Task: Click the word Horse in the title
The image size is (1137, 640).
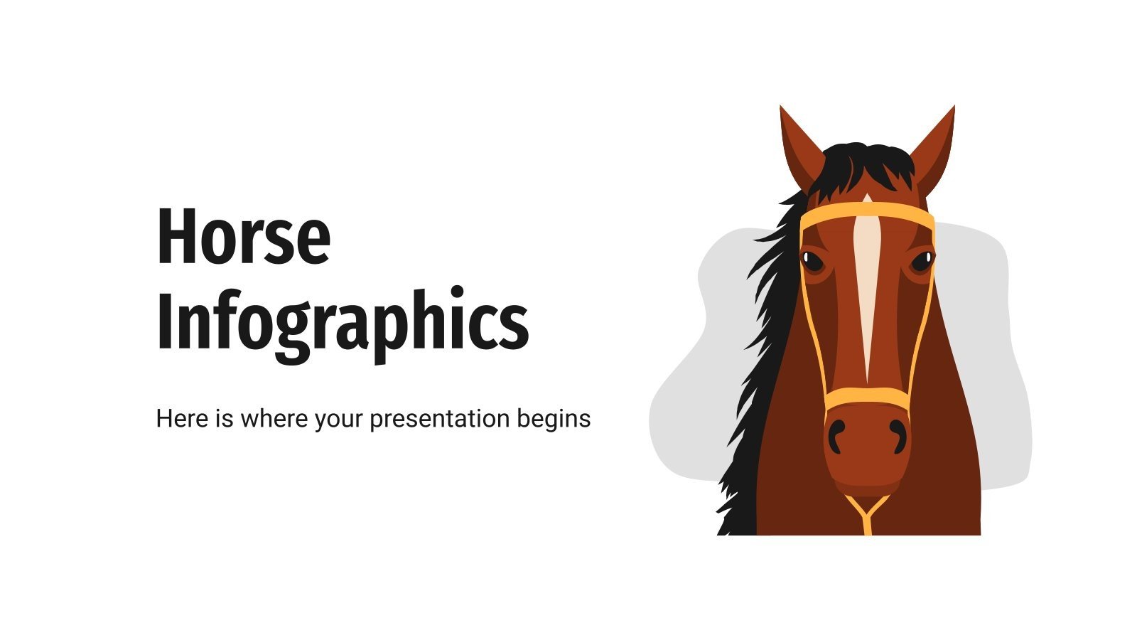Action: (243, 236)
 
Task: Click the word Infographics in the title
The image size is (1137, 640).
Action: (342, 321)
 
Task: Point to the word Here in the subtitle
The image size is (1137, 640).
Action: (181, 419)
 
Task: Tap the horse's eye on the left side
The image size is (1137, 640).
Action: (812, 261)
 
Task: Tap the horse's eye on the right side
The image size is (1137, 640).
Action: (922, 261)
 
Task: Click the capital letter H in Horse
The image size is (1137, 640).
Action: (176, 236)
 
